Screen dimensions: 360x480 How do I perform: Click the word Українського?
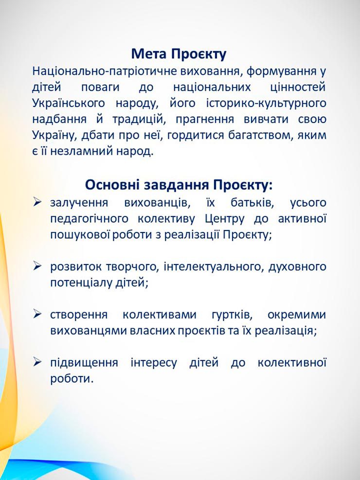point(69,104)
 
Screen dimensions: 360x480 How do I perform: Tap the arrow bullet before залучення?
point(37,202)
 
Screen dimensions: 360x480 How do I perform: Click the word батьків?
point(252,203)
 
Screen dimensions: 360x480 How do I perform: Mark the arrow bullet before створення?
point(37,314)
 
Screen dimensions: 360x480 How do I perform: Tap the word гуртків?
point(232,315)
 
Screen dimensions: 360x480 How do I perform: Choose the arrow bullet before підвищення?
point(37,362)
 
